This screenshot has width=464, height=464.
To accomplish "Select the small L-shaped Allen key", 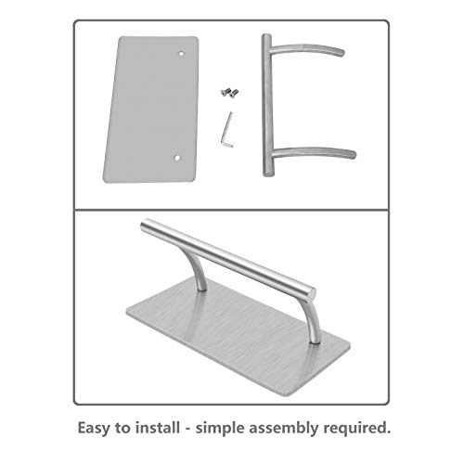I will pyautogui.click(x=227, y=123).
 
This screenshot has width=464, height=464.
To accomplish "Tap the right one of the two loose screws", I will pyautogui.click(x=234, y=92).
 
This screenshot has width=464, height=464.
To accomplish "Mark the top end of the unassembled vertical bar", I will pyautogui.click(x=265, y=37).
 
